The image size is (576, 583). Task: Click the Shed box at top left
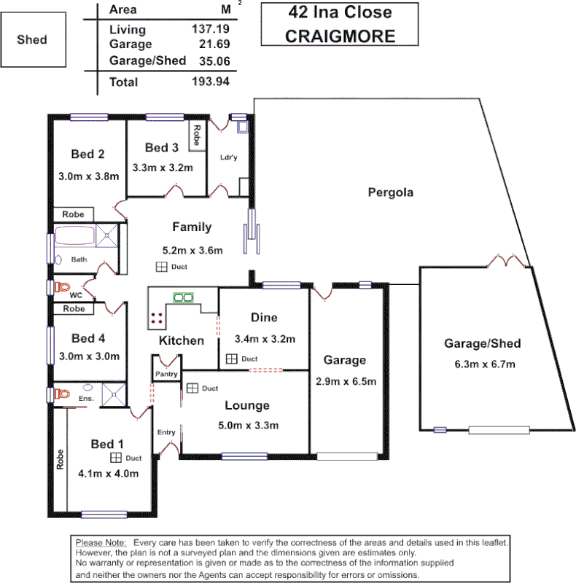point(32,39)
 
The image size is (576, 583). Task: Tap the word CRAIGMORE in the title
point(340,36)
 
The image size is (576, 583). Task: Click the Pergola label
point(390,193)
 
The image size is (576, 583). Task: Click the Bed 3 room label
point(161,148)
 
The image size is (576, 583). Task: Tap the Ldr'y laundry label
point(228,157)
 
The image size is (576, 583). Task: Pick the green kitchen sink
point(182,297)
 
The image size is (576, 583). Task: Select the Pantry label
point(166,374)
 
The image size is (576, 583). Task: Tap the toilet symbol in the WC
point(61,287)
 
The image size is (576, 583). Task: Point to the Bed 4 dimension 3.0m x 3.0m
point(88,356)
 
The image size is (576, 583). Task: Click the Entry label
point(166,432)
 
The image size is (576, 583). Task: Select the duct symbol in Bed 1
point(116,458)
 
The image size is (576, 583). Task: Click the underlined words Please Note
point(101,543)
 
